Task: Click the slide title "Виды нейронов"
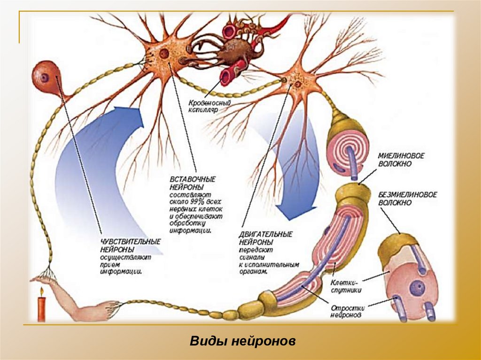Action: pyautogui.click(x=242, y=341)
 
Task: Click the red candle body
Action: pyautogui.click(x=42, y=310)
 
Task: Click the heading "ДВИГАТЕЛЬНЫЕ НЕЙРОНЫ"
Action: pyautogui.click(x=266, y=237)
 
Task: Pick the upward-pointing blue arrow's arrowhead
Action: pyautogui.click(x=134, y=118)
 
